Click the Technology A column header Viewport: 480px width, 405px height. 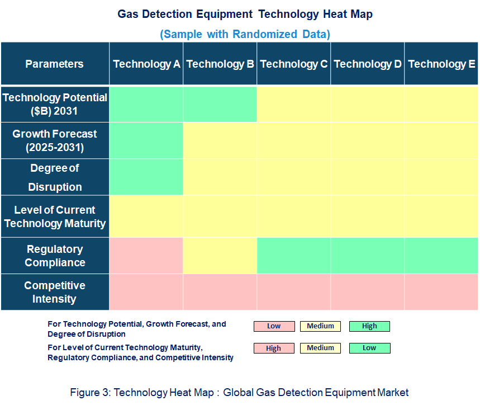(x=146, y=64)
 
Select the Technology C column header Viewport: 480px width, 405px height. (x=294, y=64)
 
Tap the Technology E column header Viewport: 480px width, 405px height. (x=441, y=64)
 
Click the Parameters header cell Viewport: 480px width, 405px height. (x=55, y=64)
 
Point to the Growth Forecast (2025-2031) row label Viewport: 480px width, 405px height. (x=55, y=141)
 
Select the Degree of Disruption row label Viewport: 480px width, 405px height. (x=55, y=177)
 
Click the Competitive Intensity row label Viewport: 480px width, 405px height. (x=55, y=292)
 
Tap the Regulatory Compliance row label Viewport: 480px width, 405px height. (x=55, y=256)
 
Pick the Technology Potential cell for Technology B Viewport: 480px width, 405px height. (x=220, y=104)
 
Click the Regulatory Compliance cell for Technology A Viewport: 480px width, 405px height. (x=146, y=256)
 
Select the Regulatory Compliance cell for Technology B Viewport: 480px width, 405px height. (x=220, y=256)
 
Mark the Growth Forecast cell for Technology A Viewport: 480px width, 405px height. (x=146, y=141)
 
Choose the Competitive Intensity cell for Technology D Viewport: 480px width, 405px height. (x=368, y=292)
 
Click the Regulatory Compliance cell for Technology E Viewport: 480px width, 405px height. (x=441, y=256)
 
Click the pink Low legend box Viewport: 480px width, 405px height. (x=274, y=326)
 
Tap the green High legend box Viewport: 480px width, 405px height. (x=369, y=326)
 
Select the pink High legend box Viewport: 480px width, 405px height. (x=274, y=348)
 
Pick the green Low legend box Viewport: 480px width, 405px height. (x=369, y=348)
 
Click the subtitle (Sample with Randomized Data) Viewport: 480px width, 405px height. (x=245, y=34)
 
